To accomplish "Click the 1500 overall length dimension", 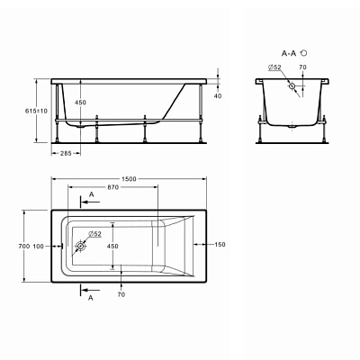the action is click(x=129, y=179).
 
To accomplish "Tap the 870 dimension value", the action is click(x=113, y=187).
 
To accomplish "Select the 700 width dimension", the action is click(x=24, y=247).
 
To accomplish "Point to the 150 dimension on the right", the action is click(x=220, y=245).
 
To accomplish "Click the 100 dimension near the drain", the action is click(x=38, y=247).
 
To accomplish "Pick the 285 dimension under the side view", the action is click(x=66, y=153).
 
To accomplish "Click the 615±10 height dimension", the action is click(x=36, y=111).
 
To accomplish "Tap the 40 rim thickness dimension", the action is click(x=218, y=96).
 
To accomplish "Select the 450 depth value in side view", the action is click(x=80, y=103).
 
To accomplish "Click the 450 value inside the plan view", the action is click(x=112, y=246).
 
